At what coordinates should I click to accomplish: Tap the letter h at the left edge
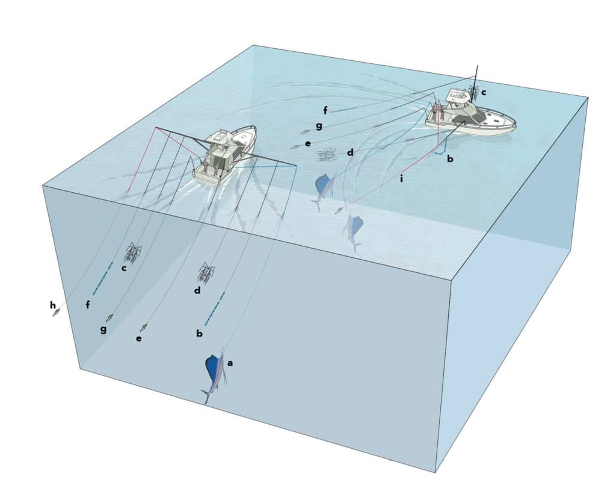pyautogui.click(x=53, y=305)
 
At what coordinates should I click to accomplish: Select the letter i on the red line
pyautogui.click(x=401, y=178)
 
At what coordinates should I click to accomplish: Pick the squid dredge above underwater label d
pyautogui.click(x=206, y=273)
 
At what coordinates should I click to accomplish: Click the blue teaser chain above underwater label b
pyautogui.click(x=215, y=305)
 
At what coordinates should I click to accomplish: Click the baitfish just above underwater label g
pyautogui.click(x=109, y=317)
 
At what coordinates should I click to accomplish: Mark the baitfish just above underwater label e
pyautogui.click(x=143, y=327)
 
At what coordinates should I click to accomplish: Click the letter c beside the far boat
pyautogui.click(x=484, y=92)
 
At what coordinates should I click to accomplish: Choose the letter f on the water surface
pyautogui.click(x=325, y=110)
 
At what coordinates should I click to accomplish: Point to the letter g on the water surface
pyautogui.click(x=319, y=127)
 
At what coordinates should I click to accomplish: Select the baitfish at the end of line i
pyautogui.click(x=339, y=210)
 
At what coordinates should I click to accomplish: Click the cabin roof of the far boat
pyautogui.click(x=460, y=96)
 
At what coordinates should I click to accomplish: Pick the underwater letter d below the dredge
pyautogui.click(x=197, y=292)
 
